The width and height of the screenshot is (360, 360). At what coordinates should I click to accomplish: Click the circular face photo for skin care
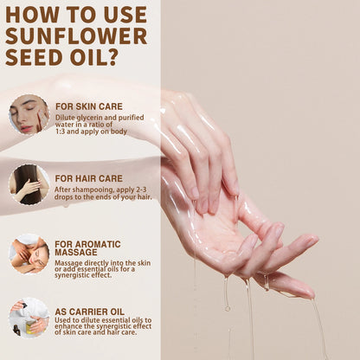tap(29, 114)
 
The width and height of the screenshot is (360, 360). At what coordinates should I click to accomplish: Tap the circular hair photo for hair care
tap(29, 183)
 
